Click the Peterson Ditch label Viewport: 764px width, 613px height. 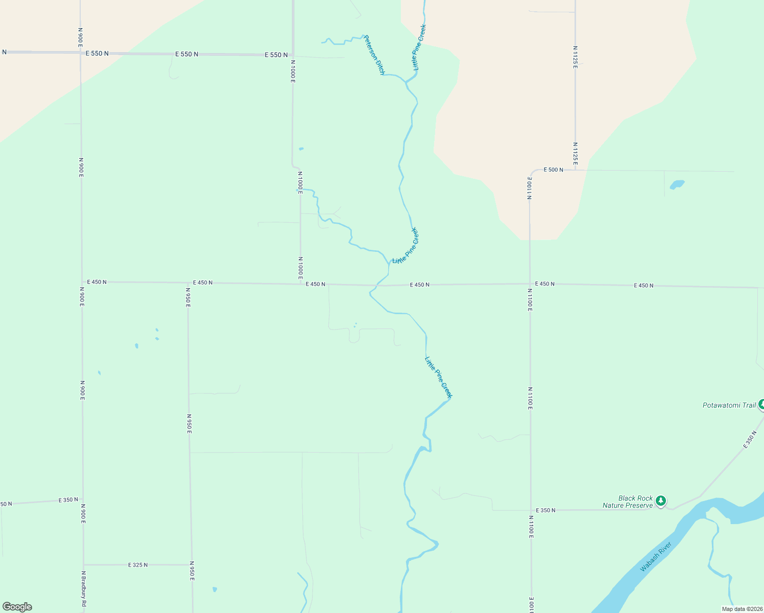pos(374,55)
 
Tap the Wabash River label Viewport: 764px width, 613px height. pos(655,557)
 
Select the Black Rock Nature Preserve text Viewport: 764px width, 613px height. pos(628,502)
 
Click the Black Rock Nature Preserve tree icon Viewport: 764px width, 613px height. pos(661,501)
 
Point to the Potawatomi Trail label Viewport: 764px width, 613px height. pos(729,405)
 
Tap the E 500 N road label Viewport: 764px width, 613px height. pos(553,170)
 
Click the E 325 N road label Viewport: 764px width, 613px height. pos(138,565)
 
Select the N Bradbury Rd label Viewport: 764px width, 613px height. pos(84,589)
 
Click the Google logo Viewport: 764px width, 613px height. pos(17,607)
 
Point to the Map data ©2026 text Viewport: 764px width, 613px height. pos(741,609)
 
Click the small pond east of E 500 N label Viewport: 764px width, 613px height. pos(677,184)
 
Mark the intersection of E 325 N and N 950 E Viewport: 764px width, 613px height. pos(192,565)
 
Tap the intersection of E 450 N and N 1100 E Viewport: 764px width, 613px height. pos(530,284)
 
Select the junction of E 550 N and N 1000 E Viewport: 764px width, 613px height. pos(293,55)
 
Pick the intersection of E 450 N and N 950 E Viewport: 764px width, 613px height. pos(188,282)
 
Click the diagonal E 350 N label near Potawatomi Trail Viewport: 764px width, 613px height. pos(750,440)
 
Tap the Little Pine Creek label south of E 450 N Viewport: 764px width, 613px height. pos(439,377)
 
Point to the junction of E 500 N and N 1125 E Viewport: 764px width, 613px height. pos(576,170)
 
